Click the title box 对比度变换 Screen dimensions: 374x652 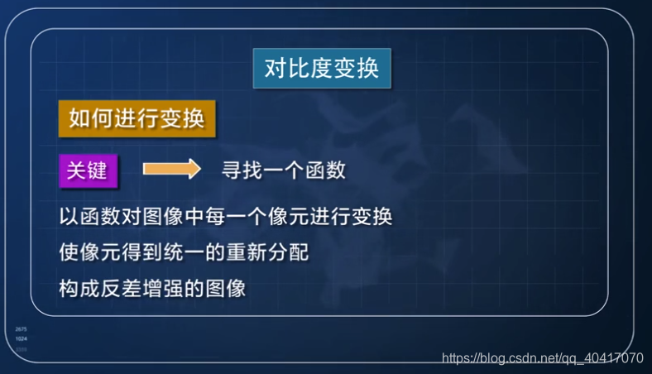click(x=322, y=69)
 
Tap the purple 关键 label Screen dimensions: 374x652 click(x=87, y=170)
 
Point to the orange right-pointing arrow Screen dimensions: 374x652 click(x=171, y=170)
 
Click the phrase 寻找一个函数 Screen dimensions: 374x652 click(x=283, y=170)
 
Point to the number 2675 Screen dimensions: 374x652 click(x=21, y=330)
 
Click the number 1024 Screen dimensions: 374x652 click(x=21, y=339)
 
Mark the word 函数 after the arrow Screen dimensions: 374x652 click(x=325, y=170)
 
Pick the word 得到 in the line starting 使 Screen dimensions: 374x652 click(x=142, y=252)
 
